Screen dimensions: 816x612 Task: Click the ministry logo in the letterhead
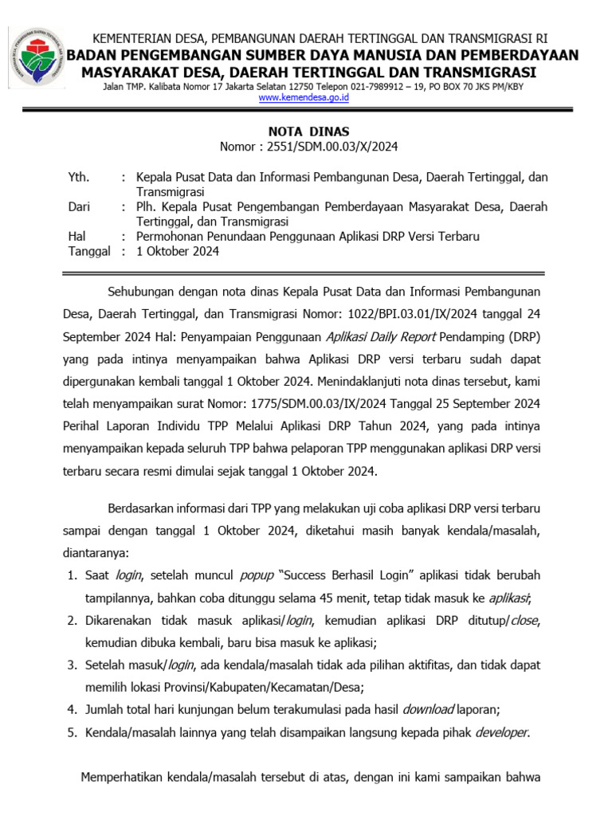point(36,58)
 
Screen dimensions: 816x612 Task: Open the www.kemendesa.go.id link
point(304,98)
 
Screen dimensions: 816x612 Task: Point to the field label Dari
point(79,207)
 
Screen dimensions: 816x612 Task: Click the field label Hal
point(77,237)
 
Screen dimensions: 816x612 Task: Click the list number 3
point(71,665)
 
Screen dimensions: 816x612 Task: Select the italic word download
point(428,709)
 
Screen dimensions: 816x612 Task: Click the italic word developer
point(501,732)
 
